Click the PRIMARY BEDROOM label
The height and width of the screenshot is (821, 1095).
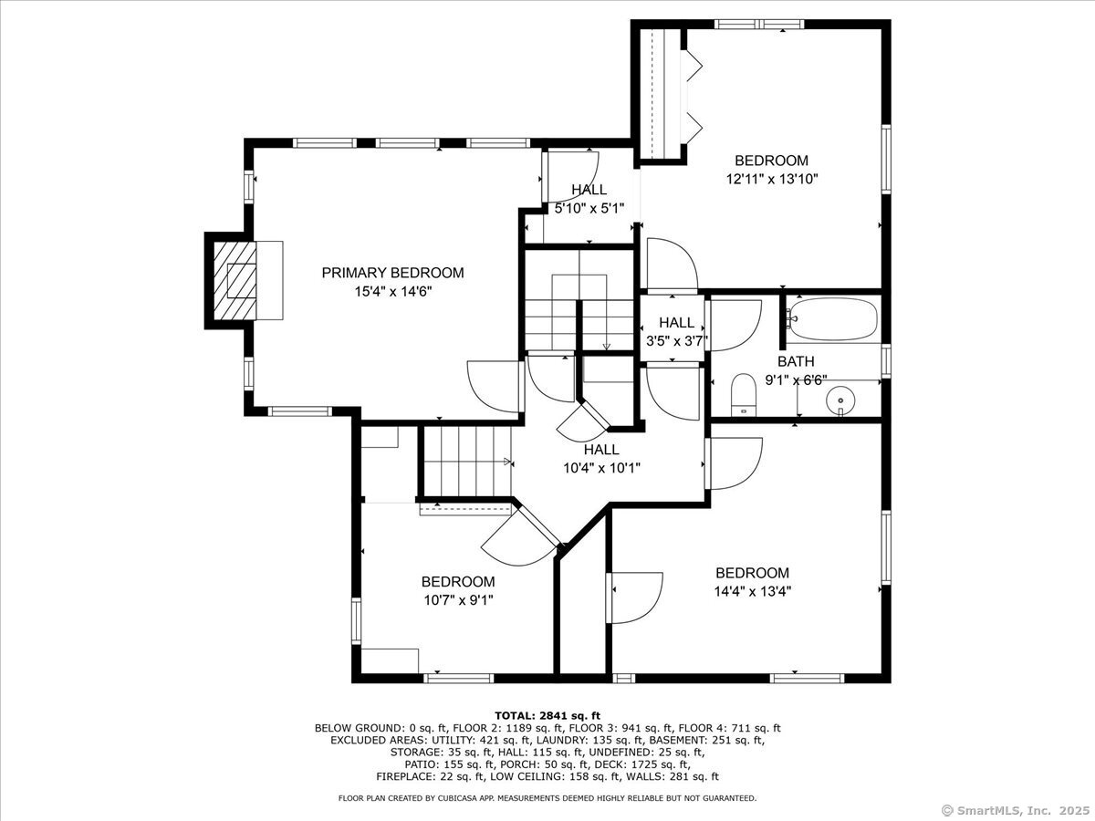point(392,273)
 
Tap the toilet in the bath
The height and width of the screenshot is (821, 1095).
point(744,395)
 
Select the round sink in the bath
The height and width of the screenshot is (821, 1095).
point(840,400)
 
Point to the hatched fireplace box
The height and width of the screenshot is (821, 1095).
point(235,281)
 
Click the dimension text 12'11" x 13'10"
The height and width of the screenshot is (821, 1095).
point(772,179)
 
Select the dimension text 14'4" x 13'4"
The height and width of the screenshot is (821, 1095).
point(752,592)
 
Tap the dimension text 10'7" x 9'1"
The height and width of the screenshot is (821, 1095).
point(458,600)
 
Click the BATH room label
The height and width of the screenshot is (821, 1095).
point(797,361)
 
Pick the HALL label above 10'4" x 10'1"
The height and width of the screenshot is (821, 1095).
point(601,450)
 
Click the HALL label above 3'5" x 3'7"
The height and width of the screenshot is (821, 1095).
point(676,323)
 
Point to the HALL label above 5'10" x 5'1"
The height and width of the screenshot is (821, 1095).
point(589,190)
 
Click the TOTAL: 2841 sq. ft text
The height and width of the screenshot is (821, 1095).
point(547,716)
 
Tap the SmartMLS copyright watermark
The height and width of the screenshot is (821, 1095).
point(1017,810)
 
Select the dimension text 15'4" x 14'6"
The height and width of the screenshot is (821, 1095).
point(393,292)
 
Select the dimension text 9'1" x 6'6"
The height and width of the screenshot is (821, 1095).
point(797,380)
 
